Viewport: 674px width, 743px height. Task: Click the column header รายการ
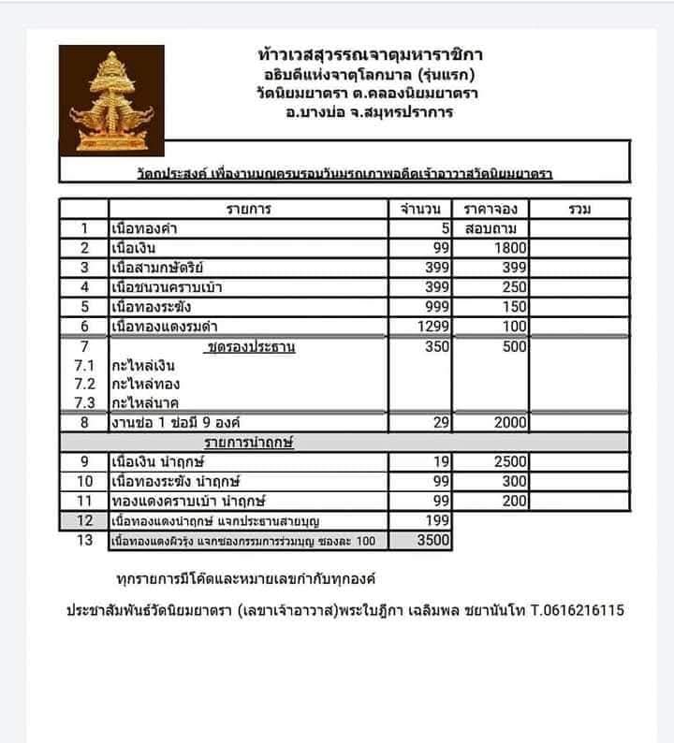[249, 209]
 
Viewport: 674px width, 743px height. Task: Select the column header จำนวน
[421, 209]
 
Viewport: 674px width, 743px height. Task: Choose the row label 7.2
[84, 384]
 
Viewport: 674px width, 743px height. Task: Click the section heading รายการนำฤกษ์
[249, 441]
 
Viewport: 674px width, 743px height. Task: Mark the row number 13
[84, 540]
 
